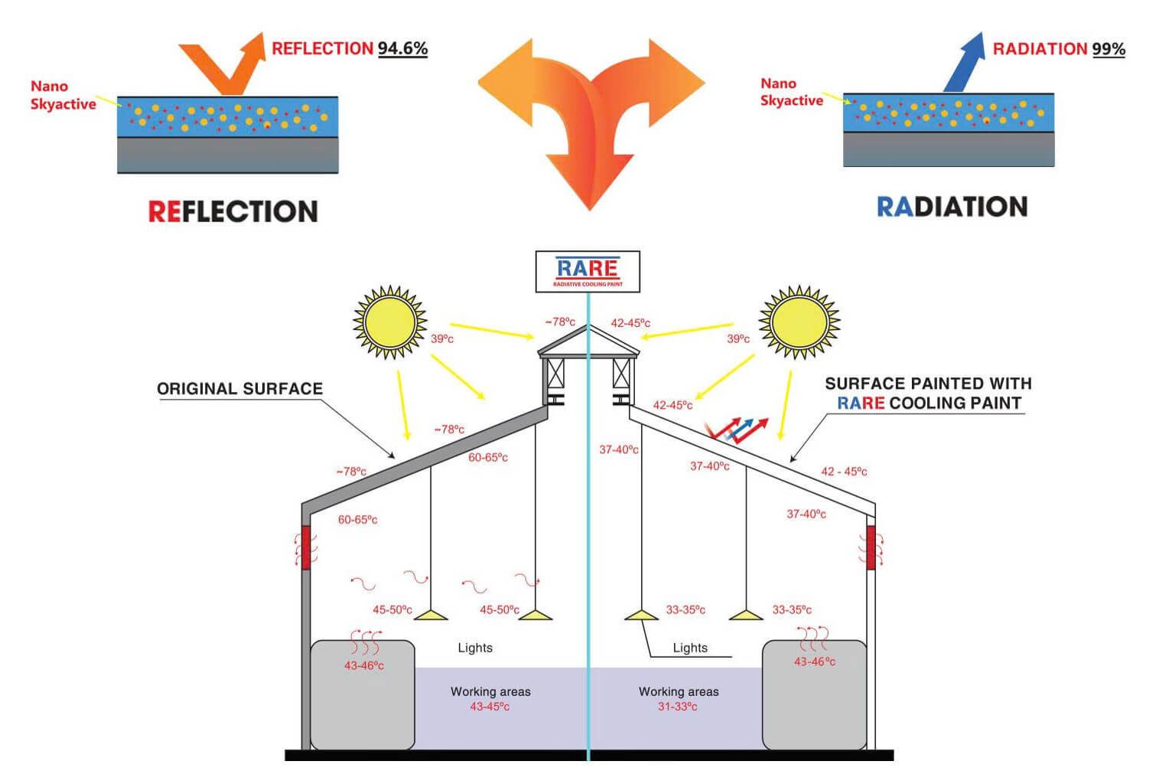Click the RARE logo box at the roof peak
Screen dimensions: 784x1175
[587, 271]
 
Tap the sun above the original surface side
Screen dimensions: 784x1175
[389, 322]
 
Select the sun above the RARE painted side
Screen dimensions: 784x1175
[799, 322]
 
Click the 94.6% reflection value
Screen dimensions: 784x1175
[402, 48]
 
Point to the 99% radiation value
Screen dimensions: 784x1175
[1108, 49]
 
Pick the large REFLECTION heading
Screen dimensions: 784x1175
[233, 211]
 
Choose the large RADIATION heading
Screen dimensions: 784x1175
[952, 207]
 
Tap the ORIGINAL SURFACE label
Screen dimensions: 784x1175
[239, 389]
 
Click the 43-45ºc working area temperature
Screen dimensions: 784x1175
[490, 707]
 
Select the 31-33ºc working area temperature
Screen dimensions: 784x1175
[678, 707]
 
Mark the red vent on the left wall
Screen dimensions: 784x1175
[306, 547]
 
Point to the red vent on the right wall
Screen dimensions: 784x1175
[871, 547]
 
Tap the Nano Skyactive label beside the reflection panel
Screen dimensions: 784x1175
[63, 95]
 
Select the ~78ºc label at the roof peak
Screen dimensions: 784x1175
[560, 322]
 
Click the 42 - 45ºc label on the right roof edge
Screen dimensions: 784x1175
[844, 472]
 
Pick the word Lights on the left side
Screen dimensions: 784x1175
[475, 648]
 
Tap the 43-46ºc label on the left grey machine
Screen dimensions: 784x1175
[364, 665]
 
